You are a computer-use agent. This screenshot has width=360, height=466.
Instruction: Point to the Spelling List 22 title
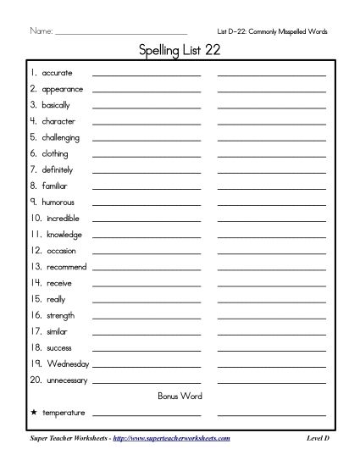(180, 51)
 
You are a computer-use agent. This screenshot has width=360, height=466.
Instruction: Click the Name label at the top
(42, 31)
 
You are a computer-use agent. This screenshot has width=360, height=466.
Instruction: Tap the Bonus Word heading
(180, 396)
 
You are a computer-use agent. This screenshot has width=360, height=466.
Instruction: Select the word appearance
(62, 89)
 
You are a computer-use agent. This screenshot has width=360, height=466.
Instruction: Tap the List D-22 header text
(272, 31)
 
